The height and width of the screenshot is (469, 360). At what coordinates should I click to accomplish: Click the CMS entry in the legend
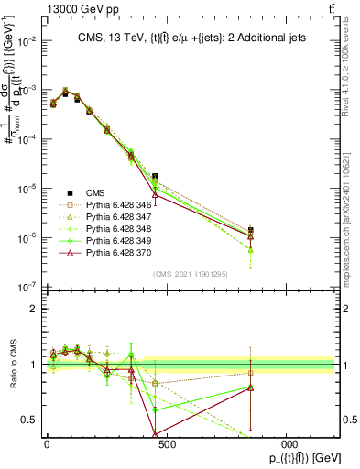point(94,192)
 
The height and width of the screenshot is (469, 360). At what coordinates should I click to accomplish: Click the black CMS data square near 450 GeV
point(155,176)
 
